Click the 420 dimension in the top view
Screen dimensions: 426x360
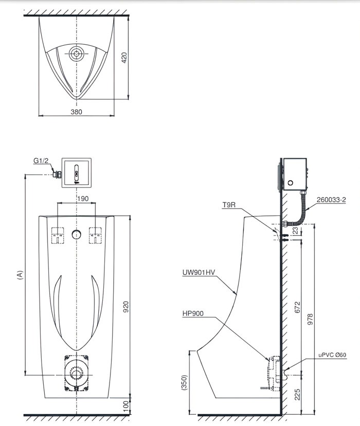click(x=123, y=57)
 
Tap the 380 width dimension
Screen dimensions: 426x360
click(x=76, y=111)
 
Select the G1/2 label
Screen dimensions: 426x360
click(x=41, y=161)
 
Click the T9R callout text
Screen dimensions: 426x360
click(x=229, y=205)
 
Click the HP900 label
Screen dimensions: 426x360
click(x=192, y=312)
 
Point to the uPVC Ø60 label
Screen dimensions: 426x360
click(x=332, y=355)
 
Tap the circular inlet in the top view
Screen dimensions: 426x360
click(x=77, y=53)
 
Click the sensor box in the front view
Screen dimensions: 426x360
click(x=77, y=172)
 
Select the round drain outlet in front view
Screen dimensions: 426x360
click(x=77, y=371)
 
